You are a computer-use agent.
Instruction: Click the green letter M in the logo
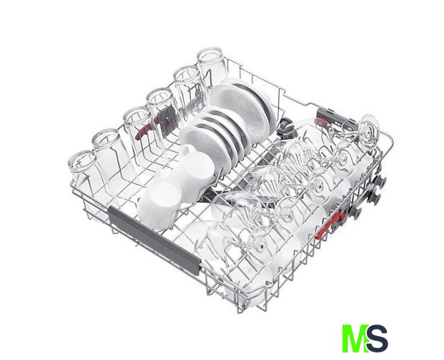[x=354, y=338]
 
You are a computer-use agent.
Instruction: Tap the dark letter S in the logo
[x=377, y=338]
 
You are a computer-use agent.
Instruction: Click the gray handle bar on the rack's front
[x=155, y=240]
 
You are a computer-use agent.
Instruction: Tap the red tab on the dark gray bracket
[x=322, y=122]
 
